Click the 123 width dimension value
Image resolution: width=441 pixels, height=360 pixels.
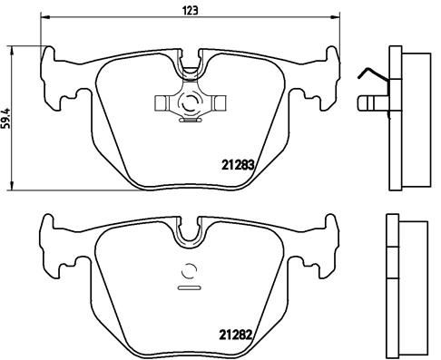pyautogui.click(x=191, y=11)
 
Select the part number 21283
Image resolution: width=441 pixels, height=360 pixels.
pyautogui.click(x=237, y=165)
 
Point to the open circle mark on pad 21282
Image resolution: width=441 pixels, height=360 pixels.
pyautogui.click(x=191, y=269)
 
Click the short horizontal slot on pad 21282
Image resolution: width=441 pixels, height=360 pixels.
pyautogui.click(x=191, y=287)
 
